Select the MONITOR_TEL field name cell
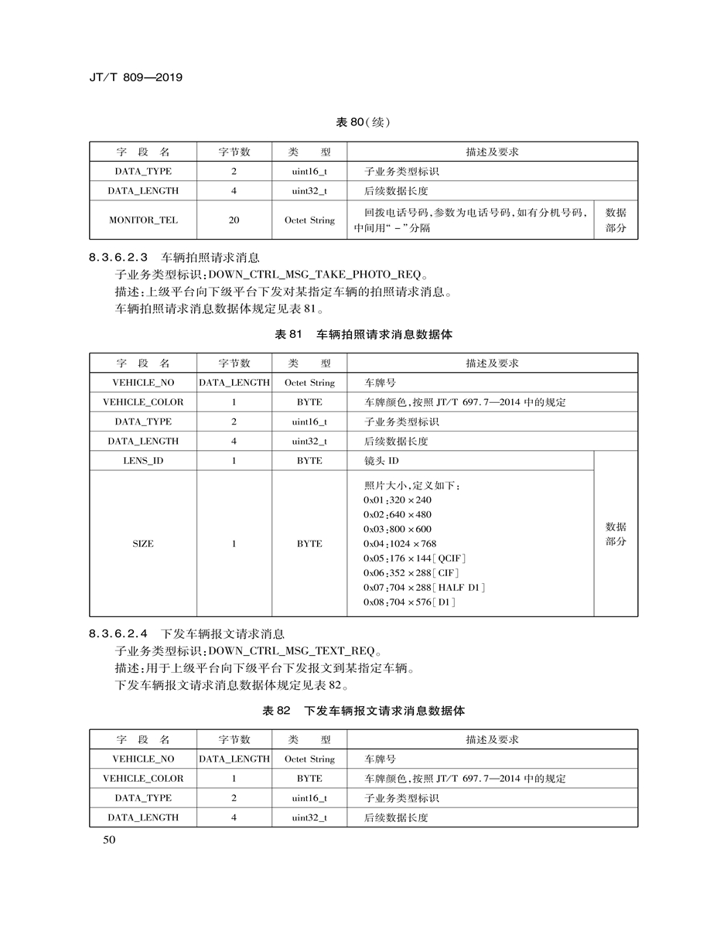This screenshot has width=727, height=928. (143, 220)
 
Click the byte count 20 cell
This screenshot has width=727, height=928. (234, 220)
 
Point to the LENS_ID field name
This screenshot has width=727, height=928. (143, 461)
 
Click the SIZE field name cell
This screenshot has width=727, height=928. (143, 544)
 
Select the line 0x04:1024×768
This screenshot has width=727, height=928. (400, 544)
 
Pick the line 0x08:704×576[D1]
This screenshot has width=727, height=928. (409, 602)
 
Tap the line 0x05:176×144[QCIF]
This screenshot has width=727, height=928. (415, 558)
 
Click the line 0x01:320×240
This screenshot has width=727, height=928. (398, 500)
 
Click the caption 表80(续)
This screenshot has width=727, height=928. (363, 123)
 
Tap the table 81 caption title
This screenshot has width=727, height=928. (363, 335)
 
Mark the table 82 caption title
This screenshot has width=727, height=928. (363, 711)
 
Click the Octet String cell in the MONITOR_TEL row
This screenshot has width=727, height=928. (309, 220)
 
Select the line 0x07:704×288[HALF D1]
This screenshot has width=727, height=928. (424, 588)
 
